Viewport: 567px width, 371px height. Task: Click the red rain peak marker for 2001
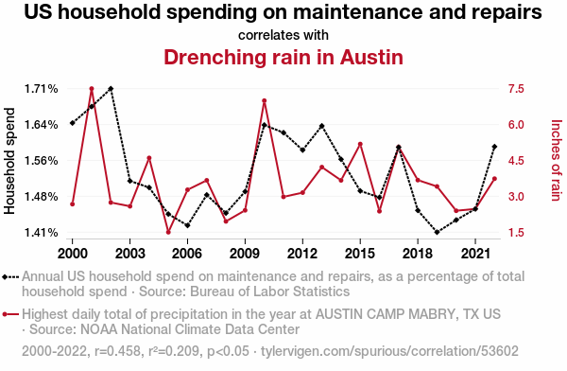[x=92, y=89]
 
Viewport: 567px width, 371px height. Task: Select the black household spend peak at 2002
[x=111, y=89]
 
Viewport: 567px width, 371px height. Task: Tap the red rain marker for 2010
[x=265, y=100]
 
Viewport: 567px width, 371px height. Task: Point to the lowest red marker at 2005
[x=168, y=232]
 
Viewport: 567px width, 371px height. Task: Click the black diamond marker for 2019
[x=437, y=232]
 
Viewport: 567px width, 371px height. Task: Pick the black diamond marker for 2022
[x=494, y=147]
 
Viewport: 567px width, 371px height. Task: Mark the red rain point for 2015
[x=360, y=144]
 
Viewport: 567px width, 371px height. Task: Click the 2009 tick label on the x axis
[x=245, y=254]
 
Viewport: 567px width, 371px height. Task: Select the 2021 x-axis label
[x=475, y=254]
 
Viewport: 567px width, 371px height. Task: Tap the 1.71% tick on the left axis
[x=41, y=89]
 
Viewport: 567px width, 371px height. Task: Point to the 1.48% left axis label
[x=41, y=197]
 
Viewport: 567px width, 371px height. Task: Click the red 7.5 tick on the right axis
[x=516, y=89]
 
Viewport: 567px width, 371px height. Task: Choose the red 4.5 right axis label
[x=516, y=161]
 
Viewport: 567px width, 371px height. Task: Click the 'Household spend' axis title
[x=9, y=161]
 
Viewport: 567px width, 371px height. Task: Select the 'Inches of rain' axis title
[x=556, y=161]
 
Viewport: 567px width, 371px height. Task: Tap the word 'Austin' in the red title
[x=371, y=57]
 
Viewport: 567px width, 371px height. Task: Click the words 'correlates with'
[x=283, y=35]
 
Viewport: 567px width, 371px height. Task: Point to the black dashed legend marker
[x=10, y=277]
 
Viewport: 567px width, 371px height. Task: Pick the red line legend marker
[x=10, y=314]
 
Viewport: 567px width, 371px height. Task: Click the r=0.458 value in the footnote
[x=117, y=351]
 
